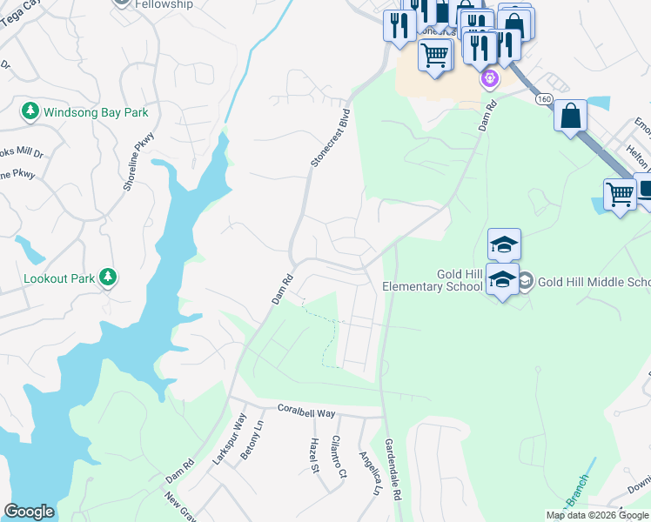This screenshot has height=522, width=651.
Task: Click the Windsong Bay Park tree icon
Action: click(x=30, y=111)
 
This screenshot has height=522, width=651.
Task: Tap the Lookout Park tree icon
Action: click(x=108, y=277)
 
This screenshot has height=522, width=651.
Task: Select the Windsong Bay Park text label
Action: click(x=96, y=112)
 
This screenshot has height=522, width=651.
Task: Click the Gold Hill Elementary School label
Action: click(x=432, y=280)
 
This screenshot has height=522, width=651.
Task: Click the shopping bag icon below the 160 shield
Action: click(x=570, y=116)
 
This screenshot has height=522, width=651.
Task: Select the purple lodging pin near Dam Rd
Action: click(x=490, y=79)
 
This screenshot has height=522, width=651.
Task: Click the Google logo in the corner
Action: click(x=29, y=512)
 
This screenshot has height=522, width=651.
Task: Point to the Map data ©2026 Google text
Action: click(x=597, y=515)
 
